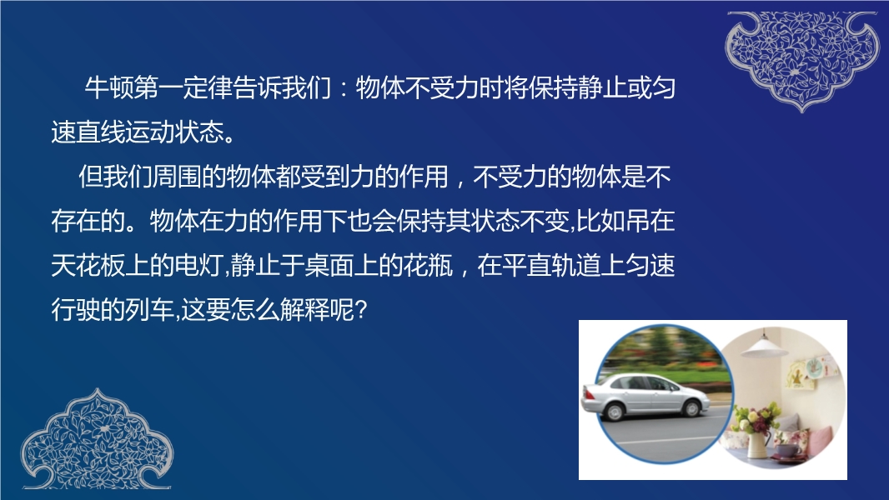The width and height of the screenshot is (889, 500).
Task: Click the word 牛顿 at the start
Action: click(109, 88)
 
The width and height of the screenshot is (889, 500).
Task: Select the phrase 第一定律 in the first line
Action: click(183, 88)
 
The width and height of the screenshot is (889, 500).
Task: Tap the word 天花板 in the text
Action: click(88, 265)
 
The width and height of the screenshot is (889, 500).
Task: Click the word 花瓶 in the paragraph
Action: click(428, 265)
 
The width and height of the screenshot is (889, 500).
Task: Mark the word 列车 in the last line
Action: click(149, 309)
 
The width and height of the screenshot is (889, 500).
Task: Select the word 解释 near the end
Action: click(304, 309)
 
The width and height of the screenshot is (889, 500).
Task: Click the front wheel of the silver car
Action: click(691, 407)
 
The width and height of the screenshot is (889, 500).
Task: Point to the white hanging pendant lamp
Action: click(764, 345)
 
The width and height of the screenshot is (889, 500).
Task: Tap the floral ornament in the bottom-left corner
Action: click(97, 439)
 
